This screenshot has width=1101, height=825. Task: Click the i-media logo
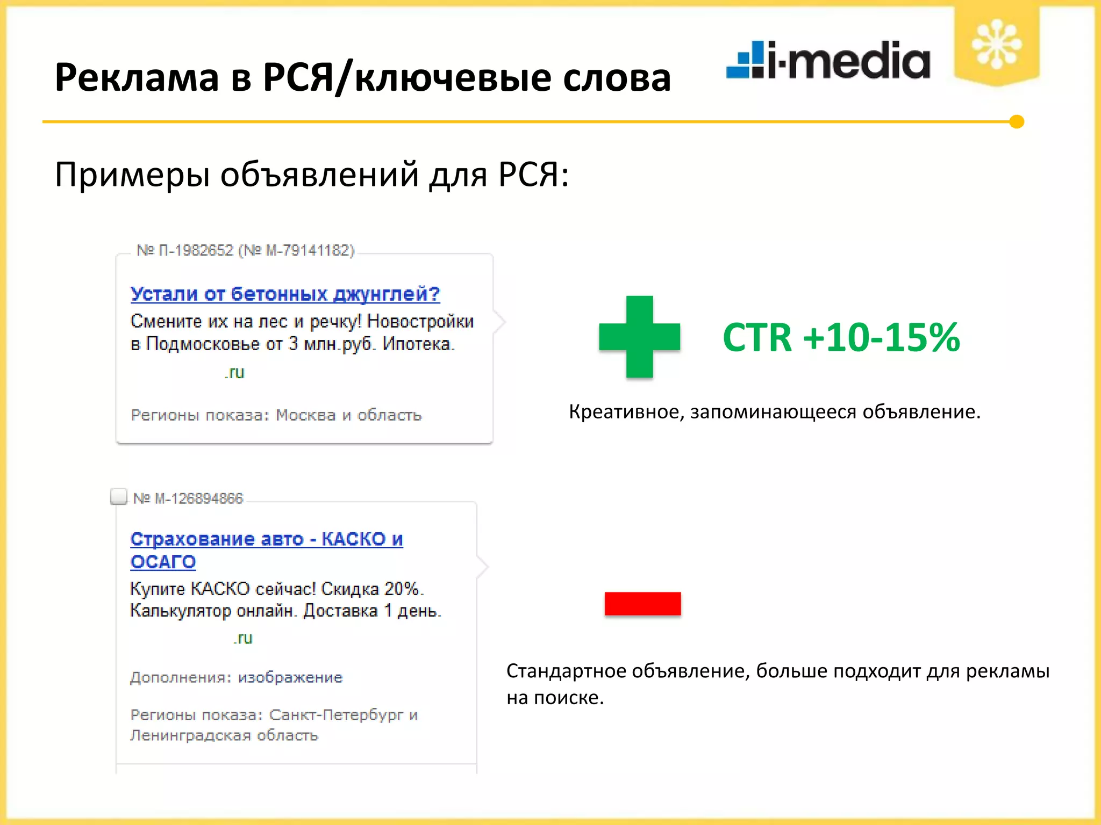(x=828, y=60)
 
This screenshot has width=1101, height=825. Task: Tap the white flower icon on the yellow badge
(x=996, y=45)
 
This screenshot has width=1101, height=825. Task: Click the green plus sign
(x=639, y=337)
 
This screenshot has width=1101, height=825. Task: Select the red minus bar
(x=642, y=603)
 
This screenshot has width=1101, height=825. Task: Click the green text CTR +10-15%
(x=841, y=338)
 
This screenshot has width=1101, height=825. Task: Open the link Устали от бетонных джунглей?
(x=285, y=294)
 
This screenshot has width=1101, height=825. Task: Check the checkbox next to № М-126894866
(x=118, y=496)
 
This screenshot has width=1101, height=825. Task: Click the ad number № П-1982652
(x=185, y=250)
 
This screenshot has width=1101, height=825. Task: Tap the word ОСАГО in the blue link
(x=163, y=562)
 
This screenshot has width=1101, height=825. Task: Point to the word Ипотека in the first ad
(x=418, y=344)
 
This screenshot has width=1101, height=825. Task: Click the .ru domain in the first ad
(x=234, y=372)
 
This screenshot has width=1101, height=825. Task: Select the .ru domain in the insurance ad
(x=243, y=638)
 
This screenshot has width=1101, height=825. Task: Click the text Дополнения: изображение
(x=236, y=677)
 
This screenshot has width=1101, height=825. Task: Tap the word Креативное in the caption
(x=626, y=412)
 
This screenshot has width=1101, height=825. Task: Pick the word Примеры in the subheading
(x=132, y=175)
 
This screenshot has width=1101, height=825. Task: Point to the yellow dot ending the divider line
(x=1016, y=122)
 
